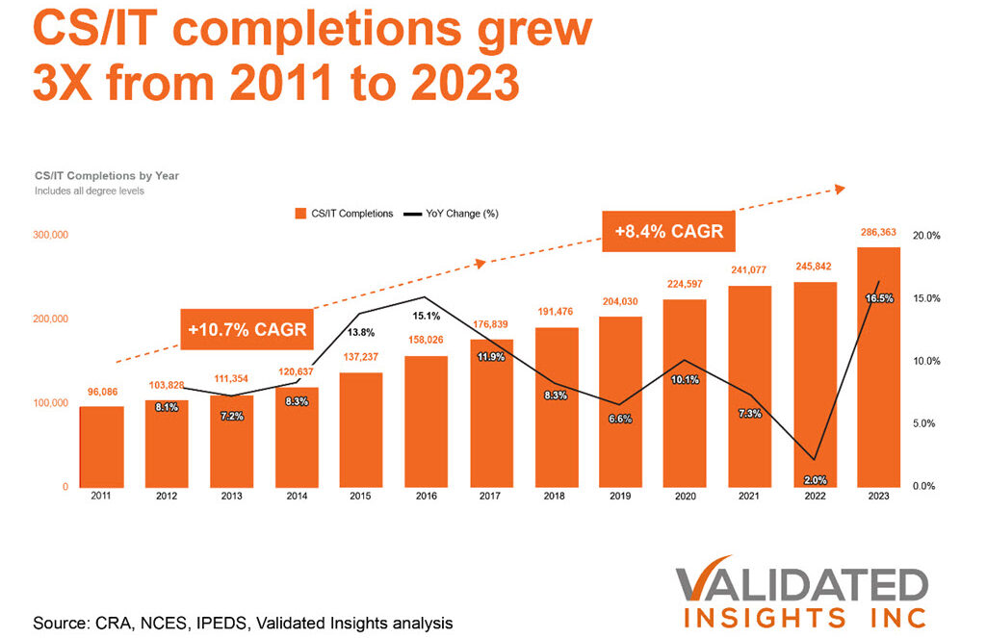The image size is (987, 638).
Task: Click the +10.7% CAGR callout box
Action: click(x=247, y=329)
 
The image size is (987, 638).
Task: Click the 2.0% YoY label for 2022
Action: click(x=815, y=479)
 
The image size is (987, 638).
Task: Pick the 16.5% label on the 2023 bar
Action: click(x=879, y=299)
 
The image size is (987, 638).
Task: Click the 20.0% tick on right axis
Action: click(x=926, y=236)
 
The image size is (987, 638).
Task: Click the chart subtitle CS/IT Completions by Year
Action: click(x=106, y=176)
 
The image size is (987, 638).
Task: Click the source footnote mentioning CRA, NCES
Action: click(x=243, y=622)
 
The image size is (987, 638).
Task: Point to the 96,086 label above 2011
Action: click(x=101, y=393)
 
